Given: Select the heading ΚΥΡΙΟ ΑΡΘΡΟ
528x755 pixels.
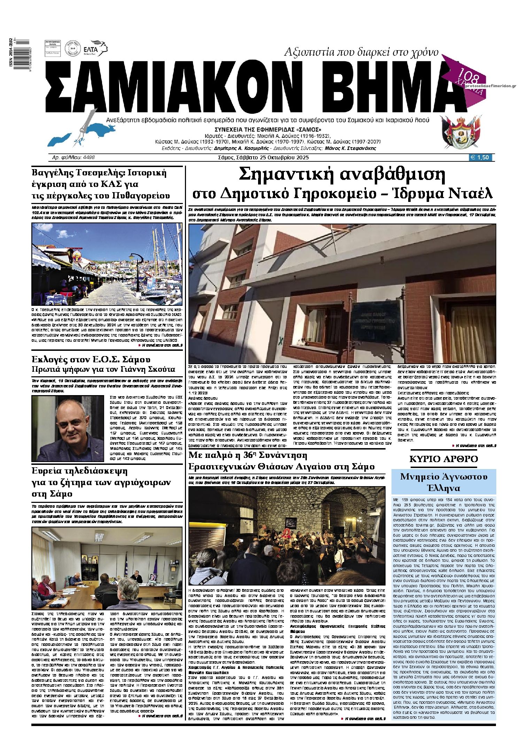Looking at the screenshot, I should click(x=443, y=459).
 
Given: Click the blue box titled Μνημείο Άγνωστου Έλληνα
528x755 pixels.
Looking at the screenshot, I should click(x=444, y=482).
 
